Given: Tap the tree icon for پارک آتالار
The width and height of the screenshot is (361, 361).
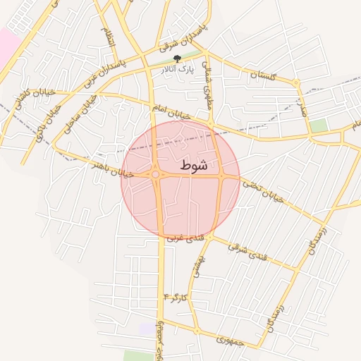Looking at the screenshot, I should coord(177,59).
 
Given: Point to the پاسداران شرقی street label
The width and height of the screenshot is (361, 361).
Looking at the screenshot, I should coord(185,35).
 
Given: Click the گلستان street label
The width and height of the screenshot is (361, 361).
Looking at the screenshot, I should coord(262,76).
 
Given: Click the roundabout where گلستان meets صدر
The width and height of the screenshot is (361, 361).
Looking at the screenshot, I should coord(297,83).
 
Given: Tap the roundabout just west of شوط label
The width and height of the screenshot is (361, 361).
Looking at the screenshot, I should coord(155,174).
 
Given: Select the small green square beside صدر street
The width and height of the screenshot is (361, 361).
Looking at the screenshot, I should coord(319,126).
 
